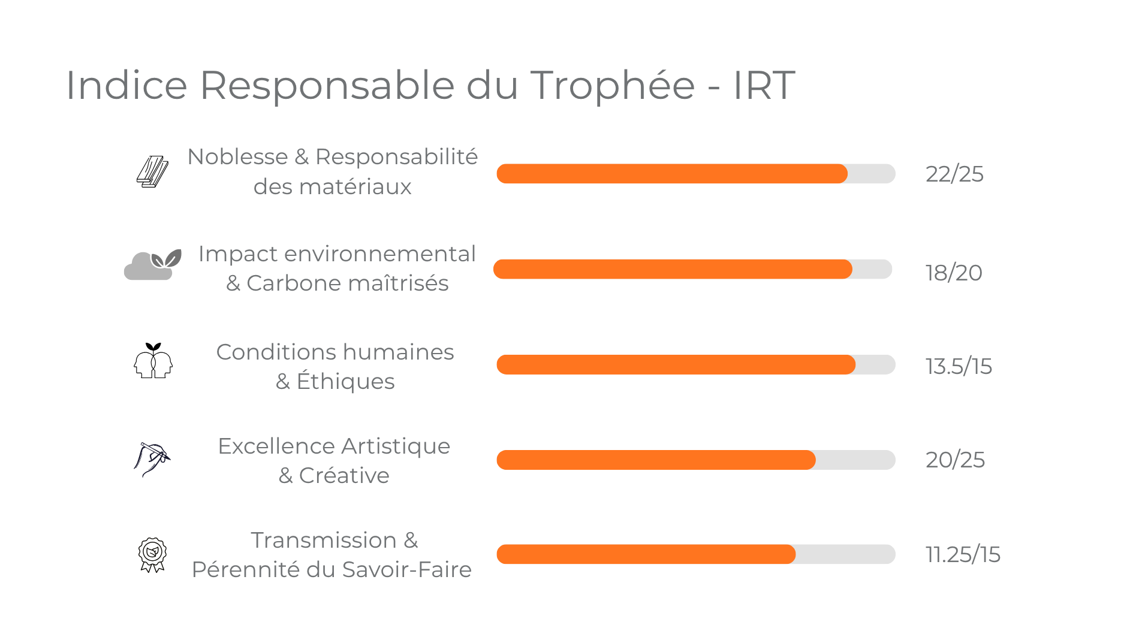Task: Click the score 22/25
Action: [x=954, y=174]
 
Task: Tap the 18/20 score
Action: [x=953, y=273]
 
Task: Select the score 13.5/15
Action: [x=959, y=366]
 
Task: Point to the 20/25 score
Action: [x=955, y=460]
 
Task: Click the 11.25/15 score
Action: [x=963, y=555]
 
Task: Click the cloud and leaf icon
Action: [x=152, y=265]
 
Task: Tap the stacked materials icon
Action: [x=152, y=172]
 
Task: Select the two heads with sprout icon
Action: [x=153, y=361]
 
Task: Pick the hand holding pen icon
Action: [x=152, y=459]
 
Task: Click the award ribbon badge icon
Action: [x=152, y=554]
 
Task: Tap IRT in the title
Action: [x=764, y=85]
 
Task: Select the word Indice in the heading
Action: [x=126, y=85]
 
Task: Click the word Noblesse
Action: [x=237, y=157]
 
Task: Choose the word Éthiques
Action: [x=345, y=382]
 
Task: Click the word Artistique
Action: [x=396, y=446]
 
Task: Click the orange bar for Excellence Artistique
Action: [x=656, y=460]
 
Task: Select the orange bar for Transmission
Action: [x=646, y=554]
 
